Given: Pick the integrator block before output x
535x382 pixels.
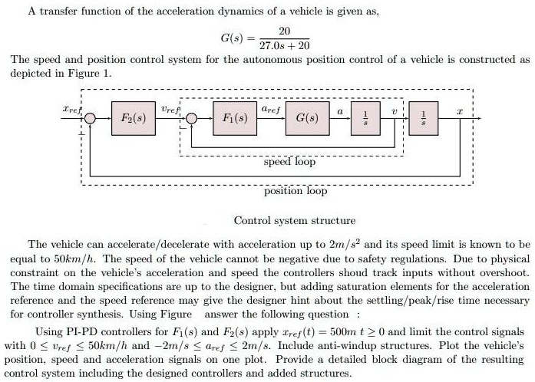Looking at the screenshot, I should point(429,120).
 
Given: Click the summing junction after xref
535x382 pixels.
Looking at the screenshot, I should point(91,120).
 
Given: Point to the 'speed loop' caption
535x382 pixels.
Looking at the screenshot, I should point(289,162).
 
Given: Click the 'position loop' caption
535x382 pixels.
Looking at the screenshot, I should point(296,191).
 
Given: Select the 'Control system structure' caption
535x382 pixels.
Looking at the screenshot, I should point(295,220).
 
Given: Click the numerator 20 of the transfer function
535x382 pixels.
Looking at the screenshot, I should point(285,30).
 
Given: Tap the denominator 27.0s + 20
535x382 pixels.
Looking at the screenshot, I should point(285,46).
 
